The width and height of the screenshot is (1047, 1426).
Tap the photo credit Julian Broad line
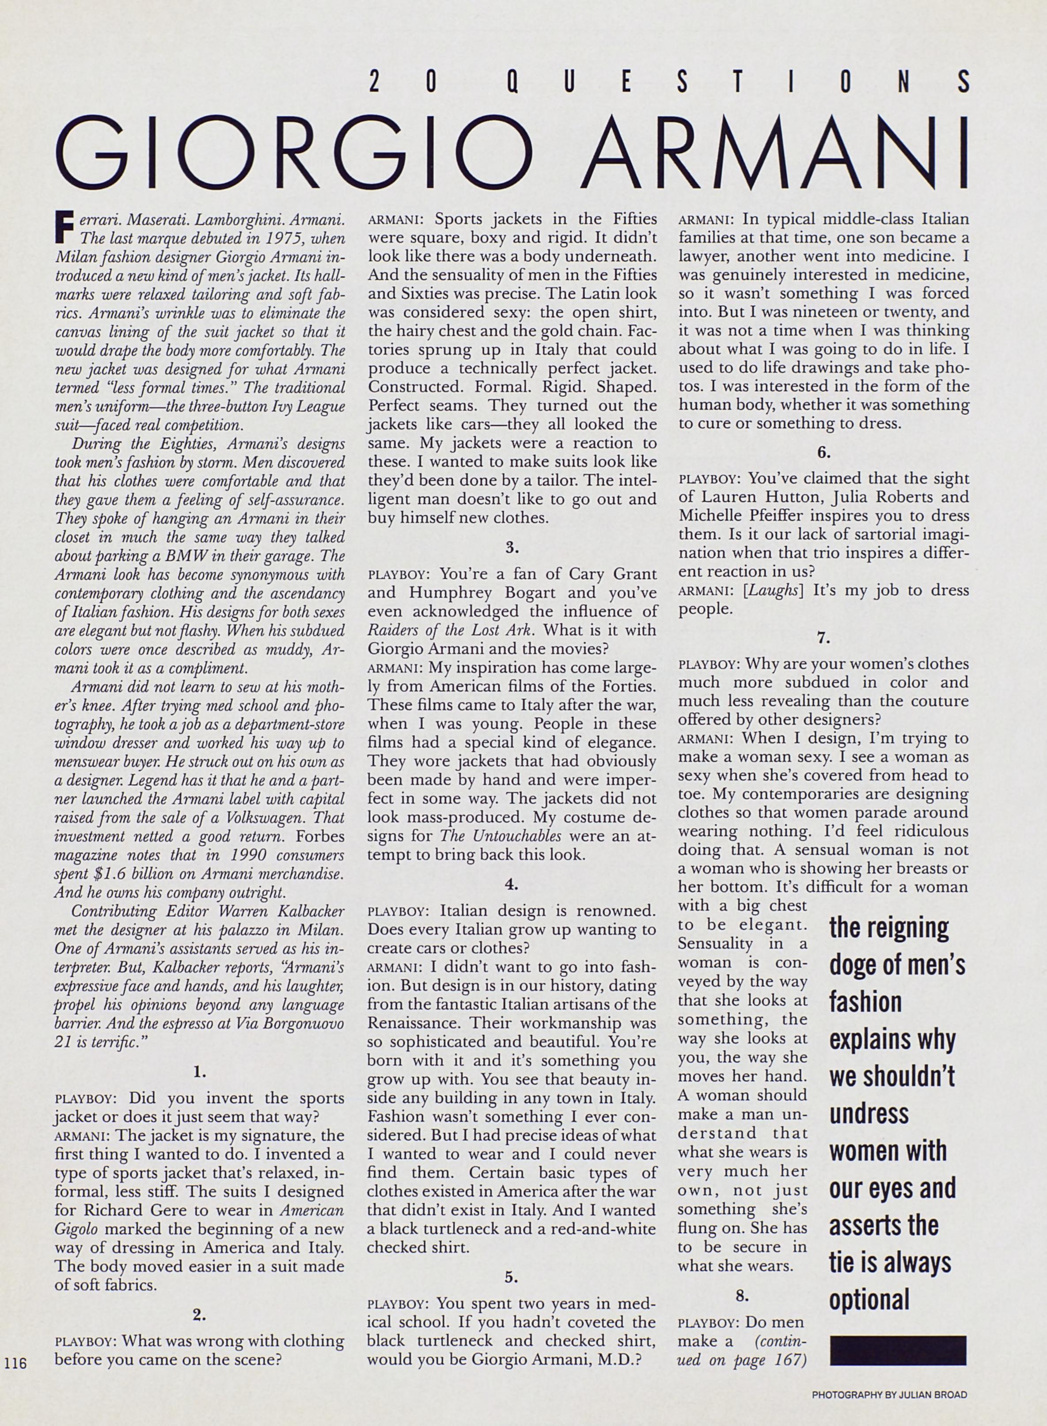(889, 1394)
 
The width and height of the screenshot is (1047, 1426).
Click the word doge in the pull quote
(854, 966)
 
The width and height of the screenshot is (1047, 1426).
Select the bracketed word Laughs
(768, 590)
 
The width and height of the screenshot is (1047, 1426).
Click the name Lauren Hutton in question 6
(738, 497)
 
